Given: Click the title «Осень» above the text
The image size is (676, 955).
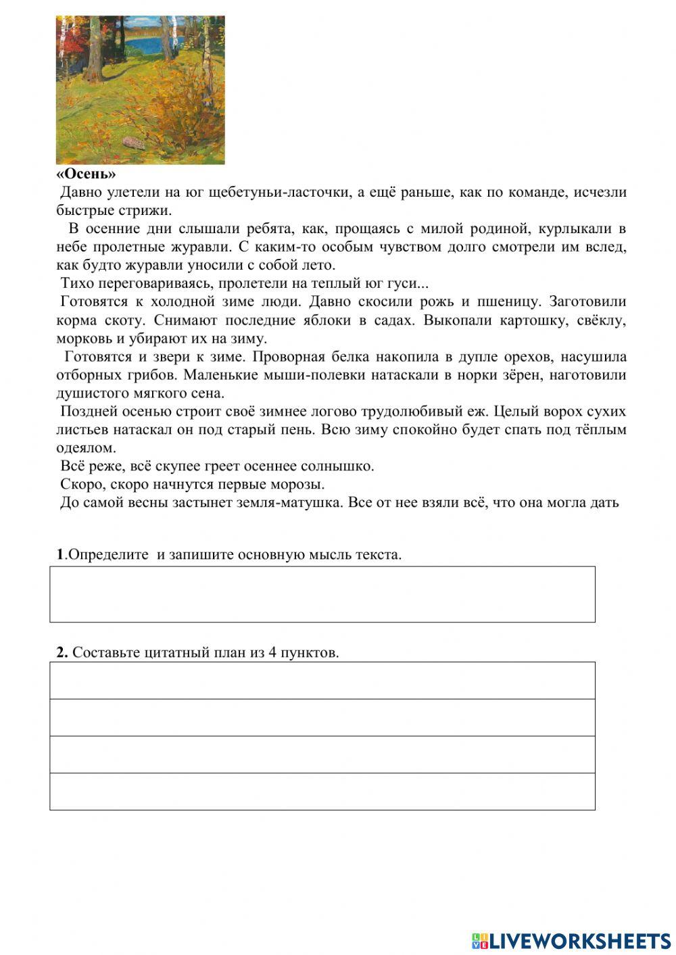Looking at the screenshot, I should coord(86,174).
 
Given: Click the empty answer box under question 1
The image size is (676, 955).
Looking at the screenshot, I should coord(322,594).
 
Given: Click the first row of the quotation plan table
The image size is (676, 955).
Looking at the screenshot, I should coord(322,680).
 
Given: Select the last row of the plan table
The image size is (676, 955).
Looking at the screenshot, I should coord(322,791).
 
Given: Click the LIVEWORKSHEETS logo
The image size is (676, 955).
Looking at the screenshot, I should coord(571,940).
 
